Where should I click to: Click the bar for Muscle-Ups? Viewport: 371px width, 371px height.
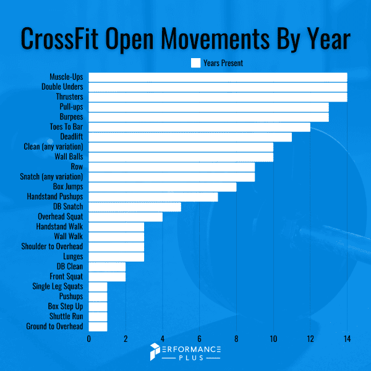point(218,77)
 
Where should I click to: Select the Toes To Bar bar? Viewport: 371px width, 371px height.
point(199,127)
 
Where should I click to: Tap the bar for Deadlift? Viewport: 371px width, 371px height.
point(190,137)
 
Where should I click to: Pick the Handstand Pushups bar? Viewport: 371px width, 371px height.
point(153,197)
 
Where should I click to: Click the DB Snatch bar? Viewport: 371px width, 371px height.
point(135,207)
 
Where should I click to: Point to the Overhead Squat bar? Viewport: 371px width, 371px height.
point(126,216)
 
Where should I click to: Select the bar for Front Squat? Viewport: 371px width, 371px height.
point(107,276)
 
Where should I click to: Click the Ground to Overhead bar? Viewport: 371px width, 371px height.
point(98,326)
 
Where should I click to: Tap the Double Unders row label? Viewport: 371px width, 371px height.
point(62,87)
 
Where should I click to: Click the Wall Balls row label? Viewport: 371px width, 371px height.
point(69,157)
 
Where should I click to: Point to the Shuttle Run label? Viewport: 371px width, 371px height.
point(66,317)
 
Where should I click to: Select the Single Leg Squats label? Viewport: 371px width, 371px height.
point(58,286)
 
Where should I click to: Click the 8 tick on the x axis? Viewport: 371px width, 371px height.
point(236,339)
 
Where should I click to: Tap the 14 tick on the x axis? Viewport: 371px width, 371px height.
point(347,339)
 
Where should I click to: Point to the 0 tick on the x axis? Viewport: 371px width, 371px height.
point(89,339)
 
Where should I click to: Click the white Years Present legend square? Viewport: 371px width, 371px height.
point(195,62)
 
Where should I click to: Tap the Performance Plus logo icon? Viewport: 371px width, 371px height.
point(155,352)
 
